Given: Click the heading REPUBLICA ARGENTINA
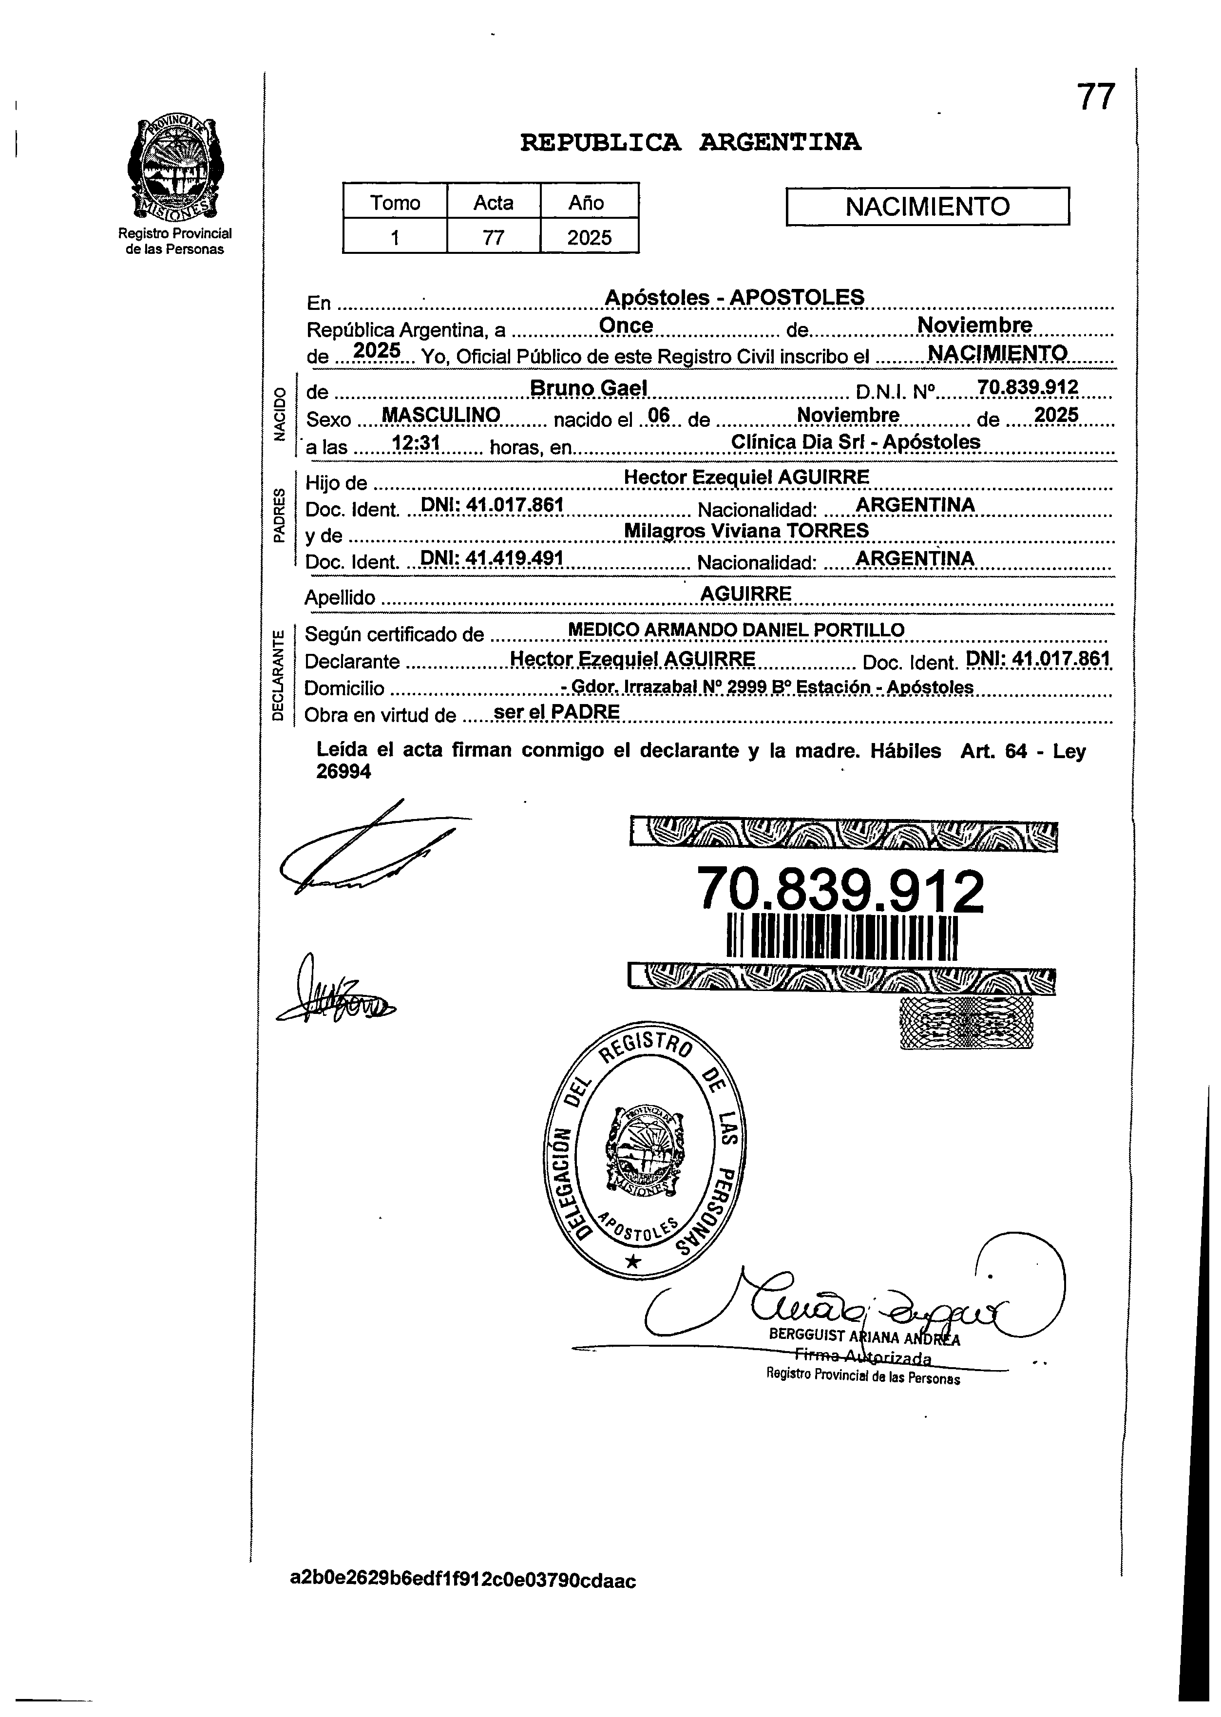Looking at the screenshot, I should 690,142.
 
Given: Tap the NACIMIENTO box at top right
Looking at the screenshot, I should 927,206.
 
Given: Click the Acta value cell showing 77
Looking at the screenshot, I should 493,238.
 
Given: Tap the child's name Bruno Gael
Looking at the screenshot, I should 588,388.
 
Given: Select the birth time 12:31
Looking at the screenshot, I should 415,443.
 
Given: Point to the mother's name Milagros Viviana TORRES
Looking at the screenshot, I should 746,531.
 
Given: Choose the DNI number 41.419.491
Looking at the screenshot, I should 514,558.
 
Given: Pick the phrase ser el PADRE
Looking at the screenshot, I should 556,712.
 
